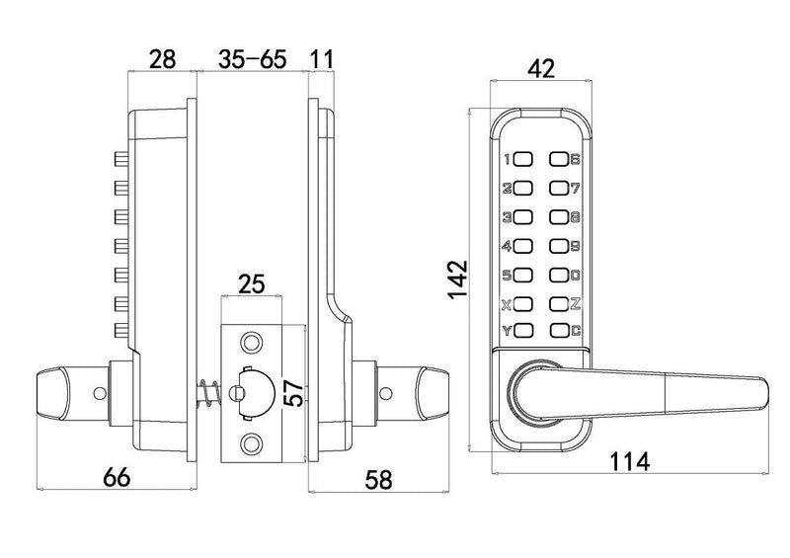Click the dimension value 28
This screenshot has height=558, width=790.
(163, 59)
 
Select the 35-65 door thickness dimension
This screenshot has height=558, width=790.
(252, 59)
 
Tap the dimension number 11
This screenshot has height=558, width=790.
(322, 59)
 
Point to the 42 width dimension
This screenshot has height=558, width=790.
(541, 68)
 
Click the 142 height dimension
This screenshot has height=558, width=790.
(458, 279)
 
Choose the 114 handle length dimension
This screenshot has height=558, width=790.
(630, 461)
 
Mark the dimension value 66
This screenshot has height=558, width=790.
(117, 477)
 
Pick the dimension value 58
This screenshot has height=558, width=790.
(378, 479)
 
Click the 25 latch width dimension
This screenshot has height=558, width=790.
(252, 284)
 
